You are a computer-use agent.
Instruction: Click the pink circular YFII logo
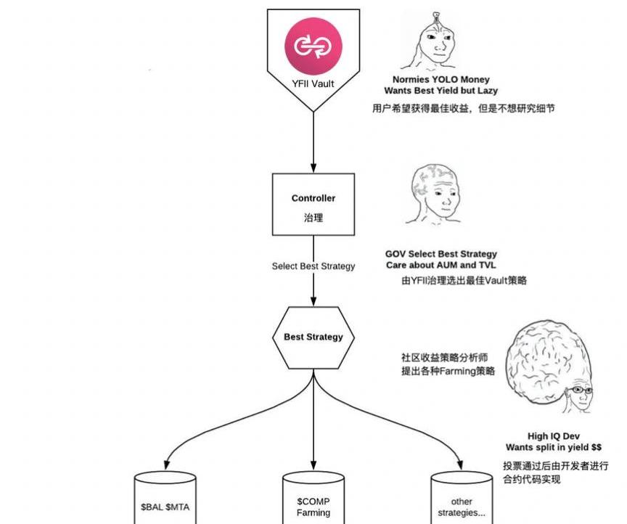click(313, 45)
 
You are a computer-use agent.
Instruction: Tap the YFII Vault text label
click(313, 84)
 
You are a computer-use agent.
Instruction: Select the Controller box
click(313, 205)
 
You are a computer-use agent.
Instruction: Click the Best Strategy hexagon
click(313, 337)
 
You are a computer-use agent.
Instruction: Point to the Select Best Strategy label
click(313, 266)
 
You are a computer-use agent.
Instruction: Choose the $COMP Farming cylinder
click(313, 502)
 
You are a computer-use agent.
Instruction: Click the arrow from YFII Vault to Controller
click(313, 142)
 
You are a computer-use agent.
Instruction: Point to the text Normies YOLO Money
click(441, 80)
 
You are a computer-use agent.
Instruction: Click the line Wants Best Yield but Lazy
click(441, 91)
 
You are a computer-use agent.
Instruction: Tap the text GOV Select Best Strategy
click(441, 254)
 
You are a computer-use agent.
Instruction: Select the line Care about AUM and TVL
click(441, 266)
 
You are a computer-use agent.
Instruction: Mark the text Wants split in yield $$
click(554, 447)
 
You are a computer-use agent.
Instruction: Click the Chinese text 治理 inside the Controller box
click(313, 218)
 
